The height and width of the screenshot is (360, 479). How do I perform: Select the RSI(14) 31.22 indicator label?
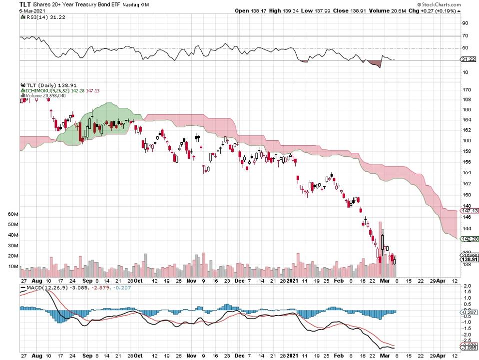38,17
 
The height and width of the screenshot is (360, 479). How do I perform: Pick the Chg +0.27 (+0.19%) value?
449,10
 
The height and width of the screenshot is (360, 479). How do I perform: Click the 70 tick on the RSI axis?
465,35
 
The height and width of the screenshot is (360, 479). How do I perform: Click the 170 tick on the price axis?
467,90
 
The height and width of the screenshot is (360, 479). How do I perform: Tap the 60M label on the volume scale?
13,214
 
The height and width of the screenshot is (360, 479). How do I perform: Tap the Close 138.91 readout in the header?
340,10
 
